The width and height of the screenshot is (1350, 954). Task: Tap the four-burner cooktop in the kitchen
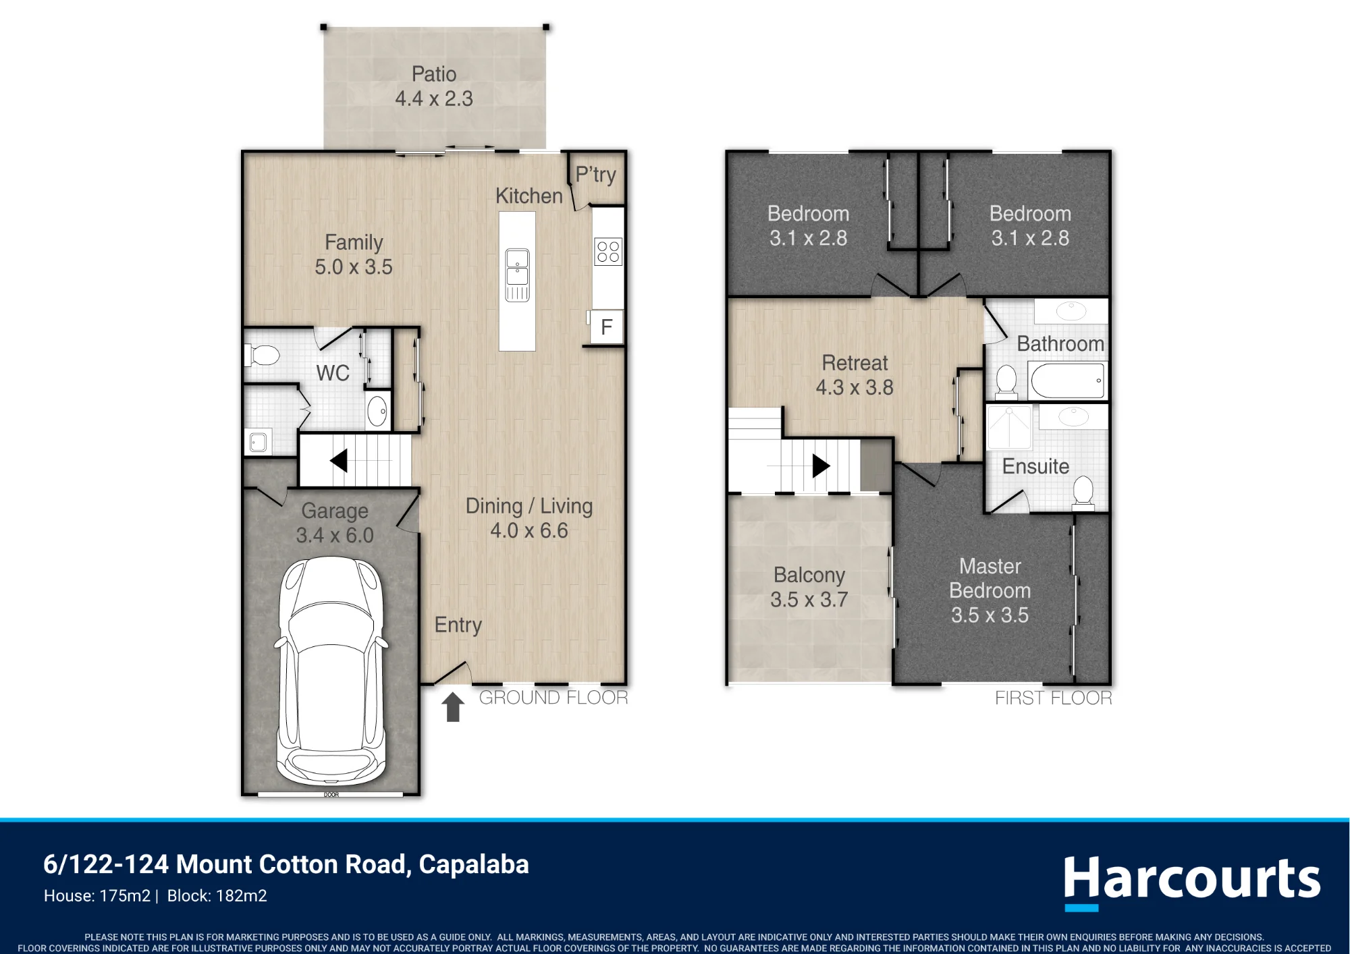coord(607,252)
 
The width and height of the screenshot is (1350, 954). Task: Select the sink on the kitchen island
coord(517,275)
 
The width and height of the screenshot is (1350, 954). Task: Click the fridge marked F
coord(606,327)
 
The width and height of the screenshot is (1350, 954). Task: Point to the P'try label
coord(595,174)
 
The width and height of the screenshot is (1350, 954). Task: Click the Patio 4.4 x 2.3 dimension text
coord(434,99)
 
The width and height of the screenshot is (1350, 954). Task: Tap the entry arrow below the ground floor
coord(453,707)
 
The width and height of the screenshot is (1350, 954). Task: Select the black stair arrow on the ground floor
coord(339,461)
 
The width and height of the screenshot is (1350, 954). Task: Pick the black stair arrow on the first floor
coord(821,466)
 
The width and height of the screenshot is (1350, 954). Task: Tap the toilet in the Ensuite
coord(1083,490)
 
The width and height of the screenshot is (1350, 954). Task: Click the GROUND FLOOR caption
coord(553,698)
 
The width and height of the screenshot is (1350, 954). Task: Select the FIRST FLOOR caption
coord(1053,698)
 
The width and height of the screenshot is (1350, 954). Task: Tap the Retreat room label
coord(855,363)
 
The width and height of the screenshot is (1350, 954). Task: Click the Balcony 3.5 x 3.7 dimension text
coord(809,599)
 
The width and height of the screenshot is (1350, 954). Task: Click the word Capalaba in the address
coord(474,864)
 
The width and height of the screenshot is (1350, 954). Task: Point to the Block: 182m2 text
coord(217,896)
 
